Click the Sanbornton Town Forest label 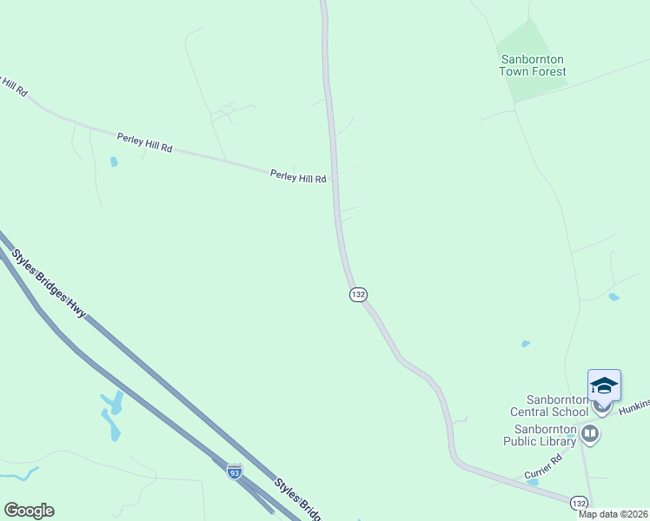(532, 65)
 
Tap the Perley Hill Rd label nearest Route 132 (298, 177)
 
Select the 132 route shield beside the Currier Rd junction (579, 503)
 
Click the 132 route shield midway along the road (358, 294)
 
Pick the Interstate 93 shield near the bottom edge (234, 472)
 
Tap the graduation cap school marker (603, 386)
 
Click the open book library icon (590, 432)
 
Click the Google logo (29, 511)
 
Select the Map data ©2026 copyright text (613, 514)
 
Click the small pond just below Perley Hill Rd (114, 162)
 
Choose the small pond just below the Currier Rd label (532, 481)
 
